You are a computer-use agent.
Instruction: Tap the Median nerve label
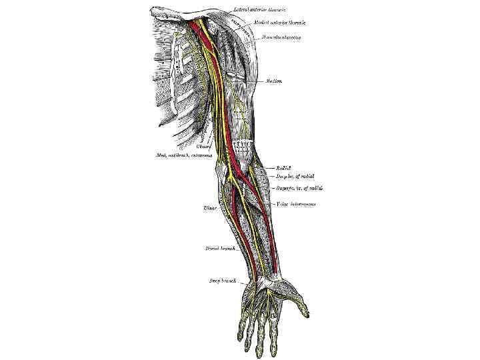click(x=273, y=81)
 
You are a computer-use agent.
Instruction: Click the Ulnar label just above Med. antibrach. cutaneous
click(x=204, y=146)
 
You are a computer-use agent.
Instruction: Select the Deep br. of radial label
click(x=295, y=177)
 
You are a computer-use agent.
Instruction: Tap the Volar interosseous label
click(x=297, y=204)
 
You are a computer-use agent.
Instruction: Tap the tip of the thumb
click(x=305, y=312)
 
